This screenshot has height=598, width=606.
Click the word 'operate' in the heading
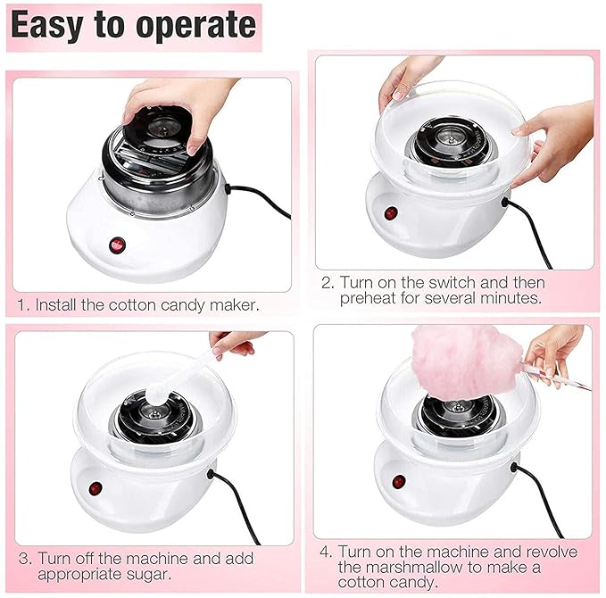[186, 26]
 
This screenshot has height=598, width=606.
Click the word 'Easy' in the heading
[47, 26]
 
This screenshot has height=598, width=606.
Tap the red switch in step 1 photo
[116, 245]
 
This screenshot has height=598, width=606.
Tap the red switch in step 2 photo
[390, 213]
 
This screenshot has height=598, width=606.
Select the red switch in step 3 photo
[95, 487]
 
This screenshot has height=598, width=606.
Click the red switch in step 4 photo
[398, 481]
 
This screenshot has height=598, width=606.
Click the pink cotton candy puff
[464, 361]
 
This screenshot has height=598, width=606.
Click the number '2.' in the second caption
[327, 283]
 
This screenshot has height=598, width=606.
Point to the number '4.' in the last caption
[327, 551]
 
